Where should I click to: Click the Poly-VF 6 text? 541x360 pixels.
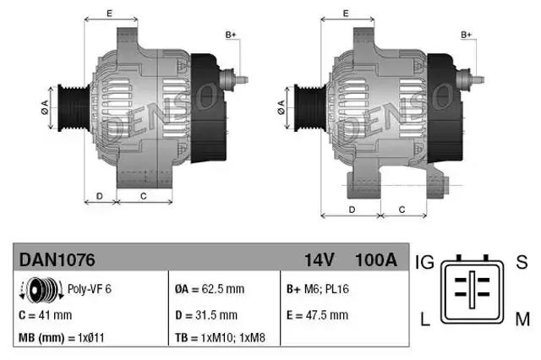pos(90,288)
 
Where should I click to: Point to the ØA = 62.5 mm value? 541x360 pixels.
pos(209,289)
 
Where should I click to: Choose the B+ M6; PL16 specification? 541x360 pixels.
pos(318,289)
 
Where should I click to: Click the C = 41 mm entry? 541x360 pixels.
pos(45,315)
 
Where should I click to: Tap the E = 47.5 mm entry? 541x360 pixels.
pos(317,315)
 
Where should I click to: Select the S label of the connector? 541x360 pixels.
pos(521,263)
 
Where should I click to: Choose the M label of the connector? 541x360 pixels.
pos(522,319)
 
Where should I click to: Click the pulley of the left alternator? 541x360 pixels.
pos(66,106)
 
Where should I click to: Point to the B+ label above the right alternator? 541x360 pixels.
pos(467,35)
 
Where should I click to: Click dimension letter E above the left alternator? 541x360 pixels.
pos(110,14)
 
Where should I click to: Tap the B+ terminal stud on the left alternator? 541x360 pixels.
pos(238,79)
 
